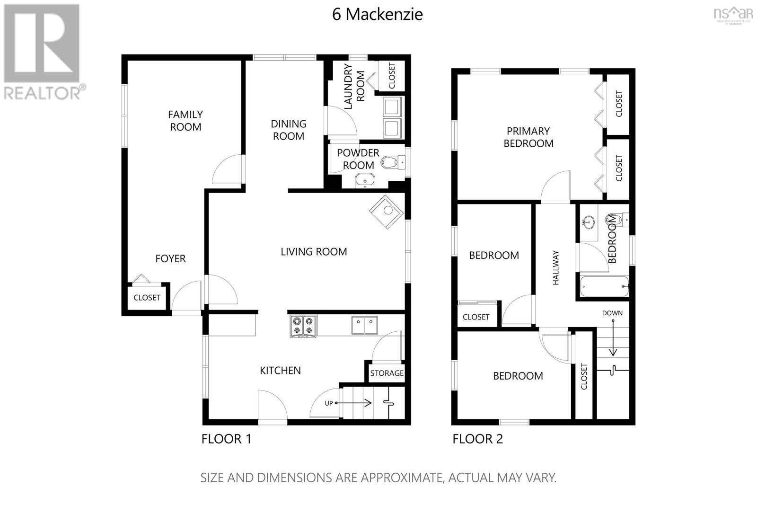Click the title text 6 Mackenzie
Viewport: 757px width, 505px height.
pos(377,14)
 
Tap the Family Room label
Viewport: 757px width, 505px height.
pos(185,121)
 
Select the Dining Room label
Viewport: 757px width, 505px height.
pos(288,130)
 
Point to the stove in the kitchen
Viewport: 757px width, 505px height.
pos(303,326)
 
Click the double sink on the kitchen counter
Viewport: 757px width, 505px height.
pos(364,325)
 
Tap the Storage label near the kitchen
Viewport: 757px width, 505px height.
pos(387,373)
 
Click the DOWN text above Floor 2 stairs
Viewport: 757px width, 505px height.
pos(612,313)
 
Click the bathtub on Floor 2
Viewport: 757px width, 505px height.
pos(604,286)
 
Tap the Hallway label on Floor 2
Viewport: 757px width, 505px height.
pos(556,268)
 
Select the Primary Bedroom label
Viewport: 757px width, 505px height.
pos(528,137)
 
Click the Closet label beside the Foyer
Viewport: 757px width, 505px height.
pos(147,298)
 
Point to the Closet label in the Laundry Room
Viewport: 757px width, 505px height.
pos(392,76)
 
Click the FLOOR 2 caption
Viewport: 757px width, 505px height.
pos(477,439)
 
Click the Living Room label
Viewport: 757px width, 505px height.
pos(314,252)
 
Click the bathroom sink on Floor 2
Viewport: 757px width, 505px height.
pos(589,222)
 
